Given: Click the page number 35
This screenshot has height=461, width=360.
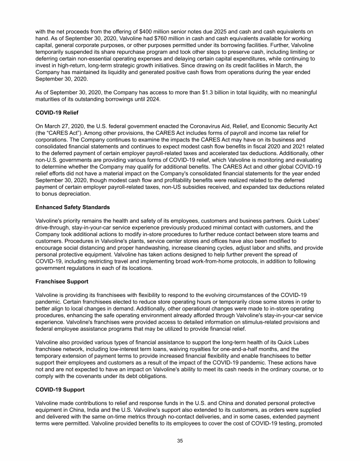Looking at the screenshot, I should pos(180,441).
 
